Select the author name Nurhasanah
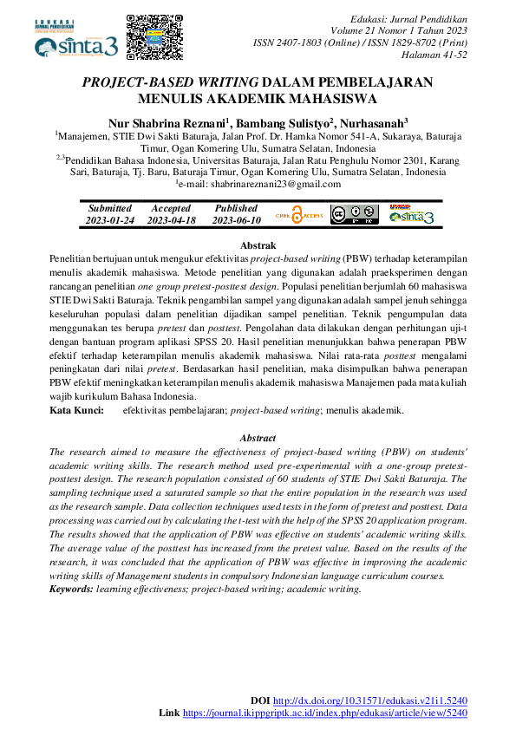[376, 123]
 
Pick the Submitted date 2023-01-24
[109, 220]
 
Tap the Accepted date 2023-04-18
[171, 220]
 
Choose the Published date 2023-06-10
[236, 220]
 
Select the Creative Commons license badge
[354, 214]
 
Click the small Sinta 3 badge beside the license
[410, 214]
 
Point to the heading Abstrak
[257, 246]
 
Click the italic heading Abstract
[258, 439]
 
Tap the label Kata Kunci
[76, 409]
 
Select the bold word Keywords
[71, 589]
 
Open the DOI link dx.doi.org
[370, 700]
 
